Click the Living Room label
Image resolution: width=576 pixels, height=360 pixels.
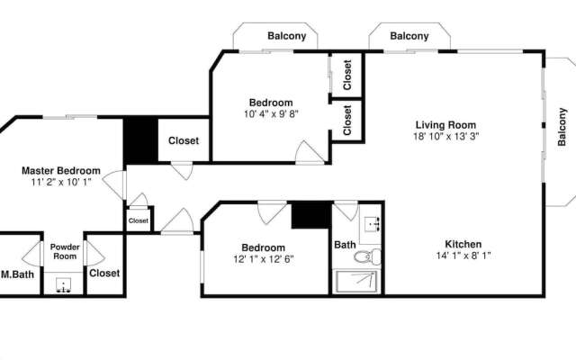click(x=445, y=125)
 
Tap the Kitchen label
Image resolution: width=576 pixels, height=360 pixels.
click(x=463, y=244)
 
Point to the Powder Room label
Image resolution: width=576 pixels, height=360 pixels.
click(x=64, y=251)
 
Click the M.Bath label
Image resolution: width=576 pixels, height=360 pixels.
click(x=17, y=274)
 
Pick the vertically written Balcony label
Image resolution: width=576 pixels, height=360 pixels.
click(x=562, y=127)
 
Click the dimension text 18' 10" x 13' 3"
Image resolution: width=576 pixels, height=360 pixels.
click(x=445, y=137)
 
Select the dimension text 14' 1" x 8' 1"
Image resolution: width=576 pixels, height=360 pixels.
click(x=463, y=256)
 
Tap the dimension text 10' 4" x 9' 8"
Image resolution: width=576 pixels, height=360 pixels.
click(x=270, y=114)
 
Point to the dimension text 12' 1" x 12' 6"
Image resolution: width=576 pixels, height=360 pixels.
click(x=263, y=259)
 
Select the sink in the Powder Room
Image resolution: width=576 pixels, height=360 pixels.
click(x=64, y=286)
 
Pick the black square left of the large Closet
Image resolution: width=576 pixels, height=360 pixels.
click(x=140, y=140)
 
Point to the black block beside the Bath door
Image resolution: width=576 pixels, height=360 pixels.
click(x=310, y=215)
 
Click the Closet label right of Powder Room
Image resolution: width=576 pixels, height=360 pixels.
click(x=104, y=273)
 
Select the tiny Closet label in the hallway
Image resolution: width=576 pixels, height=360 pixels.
click(x=139, y=220)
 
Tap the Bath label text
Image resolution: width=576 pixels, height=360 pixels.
click(x=345, y=244)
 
